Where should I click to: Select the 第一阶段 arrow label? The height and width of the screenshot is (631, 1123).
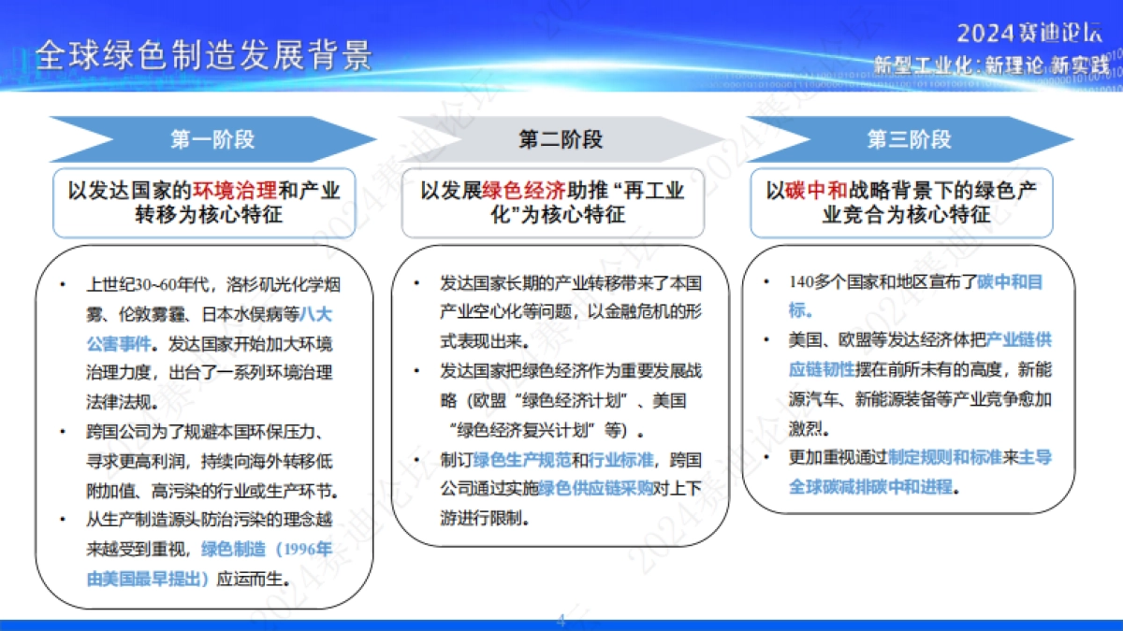(212, 140)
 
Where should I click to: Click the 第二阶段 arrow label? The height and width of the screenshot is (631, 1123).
(561, 140)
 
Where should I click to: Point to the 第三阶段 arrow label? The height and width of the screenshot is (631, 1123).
(909, 140)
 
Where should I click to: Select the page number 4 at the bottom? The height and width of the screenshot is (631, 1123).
(561, 619)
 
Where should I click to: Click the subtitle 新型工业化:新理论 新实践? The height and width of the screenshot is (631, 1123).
(990, 65)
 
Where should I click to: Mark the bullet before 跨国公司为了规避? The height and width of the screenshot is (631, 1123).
(62, 431)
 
